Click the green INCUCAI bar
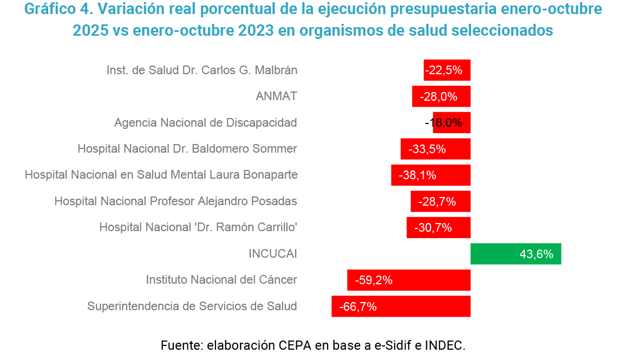click(x=515, y=254)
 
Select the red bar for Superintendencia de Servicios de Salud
click(x=401, y=306)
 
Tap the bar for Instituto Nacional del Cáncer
click(x=409, y=280)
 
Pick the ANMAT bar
click(x=441, y=96)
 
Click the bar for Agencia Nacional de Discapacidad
click(x=452, y=123)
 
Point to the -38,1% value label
click(x=417, y=175)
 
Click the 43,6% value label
click(x=536, y=254)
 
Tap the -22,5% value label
click(x=443, y=70)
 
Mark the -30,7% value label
click(x=433, y=228)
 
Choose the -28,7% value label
click(x=437, y=202)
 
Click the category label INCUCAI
click(x=272, y=254)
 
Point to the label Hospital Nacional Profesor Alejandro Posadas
click(x=175, y=201)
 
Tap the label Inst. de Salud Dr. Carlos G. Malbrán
click(x=201, y=70)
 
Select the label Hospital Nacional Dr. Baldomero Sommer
click(x=187, y=149)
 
